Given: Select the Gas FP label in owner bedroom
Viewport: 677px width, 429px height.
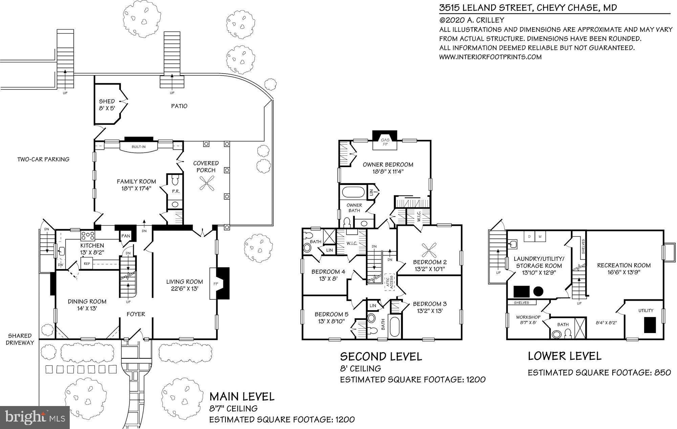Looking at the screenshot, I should [x=385, y=142].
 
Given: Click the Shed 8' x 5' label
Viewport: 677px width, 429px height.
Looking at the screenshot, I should [x=107, y=105].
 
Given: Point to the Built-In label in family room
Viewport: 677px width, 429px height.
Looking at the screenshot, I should [x=139, y=147].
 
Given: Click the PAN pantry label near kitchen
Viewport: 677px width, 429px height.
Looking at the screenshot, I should [x=126, y=236].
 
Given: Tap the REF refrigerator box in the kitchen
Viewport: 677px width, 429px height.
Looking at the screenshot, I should [x=87, y=263].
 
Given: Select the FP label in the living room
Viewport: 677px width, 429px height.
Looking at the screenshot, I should [x=215, y=283].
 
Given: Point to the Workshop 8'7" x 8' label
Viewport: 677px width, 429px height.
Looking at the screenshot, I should [x=528, y=320].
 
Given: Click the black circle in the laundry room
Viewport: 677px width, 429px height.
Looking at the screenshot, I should [x=538, y=291].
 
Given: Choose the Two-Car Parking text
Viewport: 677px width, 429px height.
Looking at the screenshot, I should [x=43, y=159].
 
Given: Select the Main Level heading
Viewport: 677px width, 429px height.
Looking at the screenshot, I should [x=242, y=396].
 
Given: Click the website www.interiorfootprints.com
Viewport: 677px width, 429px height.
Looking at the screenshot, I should [x=490, y=57].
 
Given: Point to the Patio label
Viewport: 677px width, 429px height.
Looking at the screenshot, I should [x=179, y=106].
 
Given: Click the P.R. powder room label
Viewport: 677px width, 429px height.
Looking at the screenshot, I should [x=175, y=191].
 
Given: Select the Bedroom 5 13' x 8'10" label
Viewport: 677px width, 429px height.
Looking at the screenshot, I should [x=331, y=317].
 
